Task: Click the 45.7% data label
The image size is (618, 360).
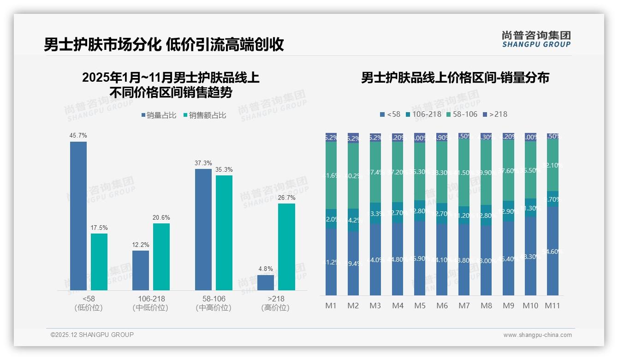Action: click(78, 136)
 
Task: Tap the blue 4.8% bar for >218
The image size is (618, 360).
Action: click(266, 282)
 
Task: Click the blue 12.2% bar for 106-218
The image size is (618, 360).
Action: click(141, 270)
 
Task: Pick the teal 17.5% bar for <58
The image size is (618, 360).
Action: click(99, 262)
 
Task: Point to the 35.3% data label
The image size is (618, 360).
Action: click(224, 170)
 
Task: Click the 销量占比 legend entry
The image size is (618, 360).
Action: click(159, 115)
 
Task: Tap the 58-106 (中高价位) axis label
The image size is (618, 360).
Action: click(214, 303)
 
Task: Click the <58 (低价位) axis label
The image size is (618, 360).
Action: click(89, 303)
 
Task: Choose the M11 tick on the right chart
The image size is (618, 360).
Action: click(553, 306)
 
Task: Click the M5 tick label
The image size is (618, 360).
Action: click(420, 306)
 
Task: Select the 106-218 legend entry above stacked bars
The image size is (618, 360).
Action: click(422, 114)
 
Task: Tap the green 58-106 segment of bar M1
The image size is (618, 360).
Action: click(331, 175)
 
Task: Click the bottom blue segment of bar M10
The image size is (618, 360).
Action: click(530, 256)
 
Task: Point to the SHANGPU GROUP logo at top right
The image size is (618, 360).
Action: click(536, 39)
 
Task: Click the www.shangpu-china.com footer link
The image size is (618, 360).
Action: click(537, 335)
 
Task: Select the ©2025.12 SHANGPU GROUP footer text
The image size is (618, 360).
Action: click(92, 335)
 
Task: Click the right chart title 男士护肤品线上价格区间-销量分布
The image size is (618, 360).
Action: click(455, 78)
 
